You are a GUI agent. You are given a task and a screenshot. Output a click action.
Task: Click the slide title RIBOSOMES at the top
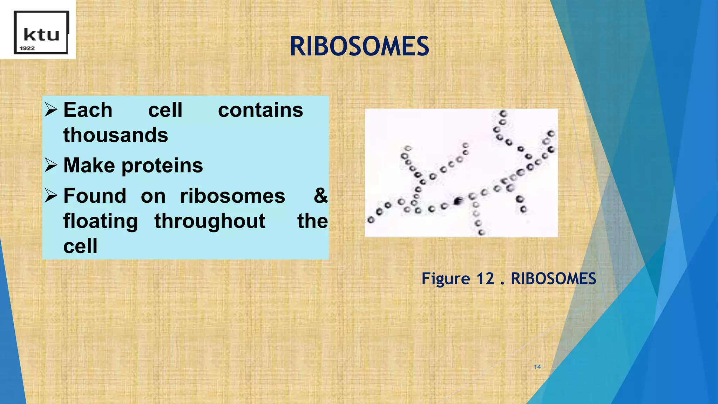[359, 47]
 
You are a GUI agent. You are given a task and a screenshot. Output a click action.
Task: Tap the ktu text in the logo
[41, 35]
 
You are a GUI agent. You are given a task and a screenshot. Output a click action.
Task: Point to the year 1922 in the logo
[27, 48]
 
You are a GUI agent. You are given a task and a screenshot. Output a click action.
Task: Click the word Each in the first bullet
[88, 110]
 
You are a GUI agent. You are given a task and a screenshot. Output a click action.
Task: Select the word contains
[260, 110]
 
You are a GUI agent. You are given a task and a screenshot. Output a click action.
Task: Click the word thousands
[116, 135]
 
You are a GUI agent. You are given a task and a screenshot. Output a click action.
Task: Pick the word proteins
[162, 166]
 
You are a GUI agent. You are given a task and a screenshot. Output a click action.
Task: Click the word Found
[95, 196]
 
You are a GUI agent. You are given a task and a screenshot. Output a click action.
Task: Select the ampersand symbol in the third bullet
[320, 196]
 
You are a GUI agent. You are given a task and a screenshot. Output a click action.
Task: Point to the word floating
[101, 222]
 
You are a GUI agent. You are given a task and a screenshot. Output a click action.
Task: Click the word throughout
[210, 222]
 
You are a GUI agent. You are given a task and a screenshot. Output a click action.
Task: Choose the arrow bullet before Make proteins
[51, 166]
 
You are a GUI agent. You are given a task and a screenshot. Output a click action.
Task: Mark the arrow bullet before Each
[51, 110]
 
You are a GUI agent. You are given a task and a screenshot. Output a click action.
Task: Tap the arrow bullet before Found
[51, 196]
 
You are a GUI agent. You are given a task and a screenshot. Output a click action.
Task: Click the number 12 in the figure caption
[485, 279]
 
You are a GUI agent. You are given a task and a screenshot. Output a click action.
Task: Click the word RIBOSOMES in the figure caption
[553, 279]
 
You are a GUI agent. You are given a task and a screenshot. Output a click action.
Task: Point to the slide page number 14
[537, 367]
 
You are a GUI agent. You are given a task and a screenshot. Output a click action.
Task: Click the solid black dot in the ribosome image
[458, 201]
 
